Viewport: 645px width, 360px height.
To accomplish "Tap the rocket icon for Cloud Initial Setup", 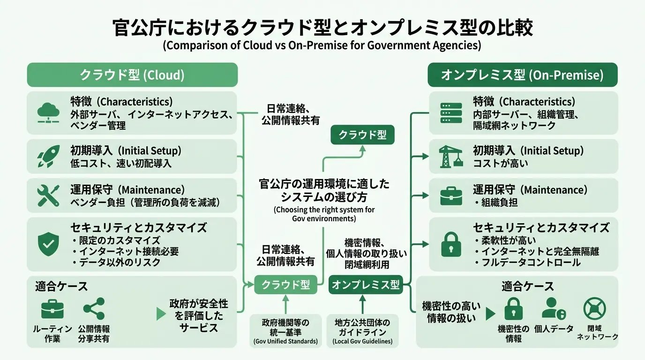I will [x=48, y=157].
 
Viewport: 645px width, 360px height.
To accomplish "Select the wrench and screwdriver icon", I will [x=48, y=195].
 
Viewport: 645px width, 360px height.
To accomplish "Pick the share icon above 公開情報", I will [x=94, y=308].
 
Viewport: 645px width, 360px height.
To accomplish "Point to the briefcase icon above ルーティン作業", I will [x=52, y=309].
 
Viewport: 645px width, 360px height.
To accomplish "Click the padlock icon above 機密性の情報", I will [x=513, y=308].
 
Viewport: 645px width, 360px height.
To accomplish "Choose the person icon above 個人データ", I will [x=554, y=308].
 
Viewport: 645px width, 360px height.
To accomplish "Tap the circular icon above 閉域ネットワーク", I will [x=594, y=308].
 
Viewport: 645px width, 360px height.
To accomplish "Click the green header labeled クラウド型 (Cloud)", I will [x=132, y=75].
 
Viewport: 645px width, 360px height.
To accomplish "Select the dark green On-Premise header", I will [x=522, y=75].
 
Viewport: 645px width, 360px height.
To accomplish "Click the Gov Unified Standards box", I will [x=285, y=331].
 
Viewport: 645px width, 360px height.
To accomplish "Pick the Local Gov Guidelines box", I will [x=362, y=331].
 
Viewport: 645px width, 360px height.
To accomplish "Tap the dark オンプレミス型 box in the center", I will [x=366, y=285].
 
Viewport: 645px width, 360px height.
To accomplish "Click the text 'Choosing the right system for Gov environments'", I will [x=324, y=214].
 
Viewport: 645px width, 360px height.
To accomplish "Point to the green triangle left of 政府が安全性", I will [x=161, y=314].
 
